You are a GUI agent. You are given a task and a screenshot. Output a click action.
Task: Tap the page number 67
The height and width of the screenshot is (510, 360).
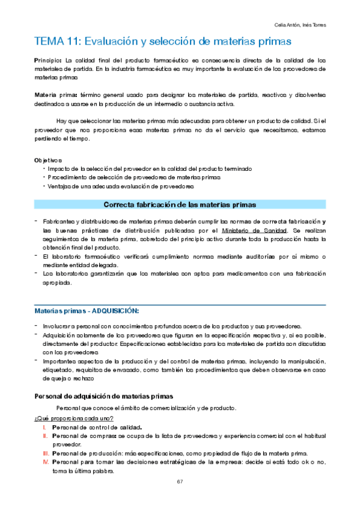(x=180, y=482)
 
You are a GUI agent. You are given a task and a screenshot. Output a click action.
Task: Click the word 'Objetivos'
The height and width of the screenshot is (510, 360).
(x=49, y=160)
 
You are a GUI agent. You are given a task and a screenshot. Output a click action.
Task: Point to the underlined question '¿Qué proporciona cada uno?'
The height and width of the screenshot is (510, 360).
(x=73, y=418)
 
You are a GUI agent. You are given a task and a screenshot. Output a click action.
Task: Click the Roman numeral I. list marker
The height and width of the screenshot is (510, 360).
(x=44, y=426)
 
